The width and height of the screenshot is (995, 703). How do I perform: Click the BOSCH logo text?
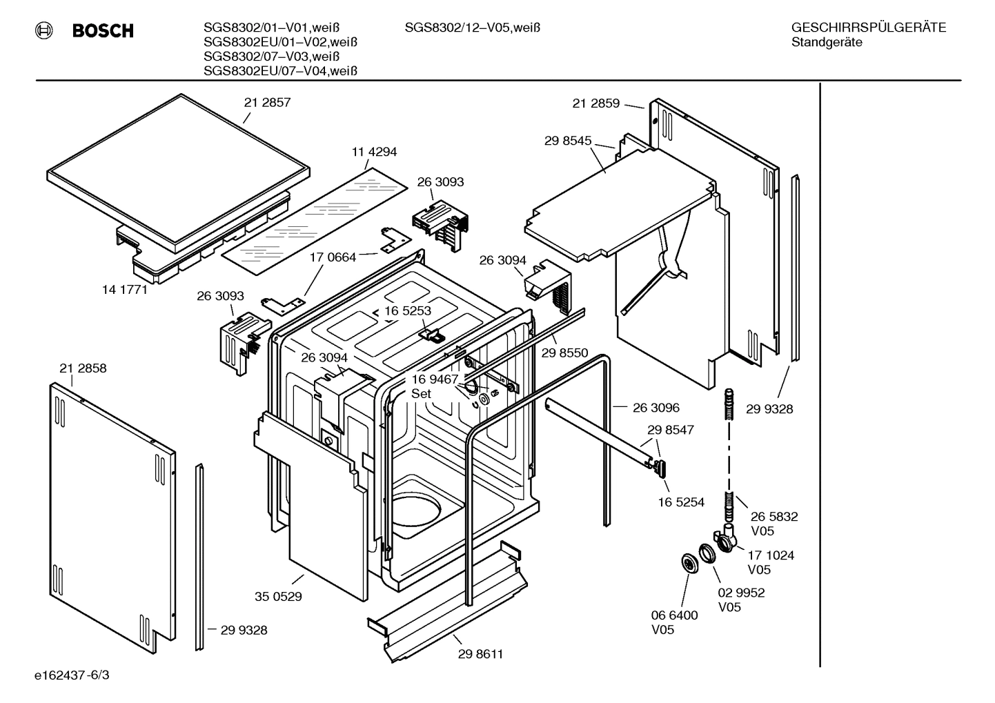102,30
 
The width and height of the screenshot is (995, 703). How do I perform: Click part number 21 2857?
267,103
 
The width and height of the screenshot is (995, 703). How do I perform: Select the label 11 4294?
374,152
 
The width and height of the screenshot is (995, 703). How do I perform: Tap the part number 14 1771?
125,290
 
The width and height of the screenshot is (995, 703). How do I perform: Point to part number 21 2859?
595,103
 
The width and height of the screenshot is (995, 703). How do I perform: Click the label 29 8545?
568,141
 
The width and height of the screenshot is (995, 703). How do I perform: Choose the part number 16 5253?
408,311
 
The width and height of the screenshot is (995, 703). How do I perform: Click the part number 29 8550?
564,353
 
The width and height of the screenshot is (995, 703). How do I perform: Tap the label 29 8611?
480,654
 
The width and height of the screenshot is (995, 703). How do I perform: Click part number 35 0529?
278,596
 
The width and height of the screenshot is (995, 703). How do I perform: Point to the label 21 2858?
83,368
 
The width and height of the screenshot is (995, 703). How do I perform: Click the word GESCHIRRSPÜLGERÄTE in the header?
868,28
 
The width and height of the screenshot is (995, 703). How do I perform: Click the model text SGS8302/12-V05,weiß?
472,28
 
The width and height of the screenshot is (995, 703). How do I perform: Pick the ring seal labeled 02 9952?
707,554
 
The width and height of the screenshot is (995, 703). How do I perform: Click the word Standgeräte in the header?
827,43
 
